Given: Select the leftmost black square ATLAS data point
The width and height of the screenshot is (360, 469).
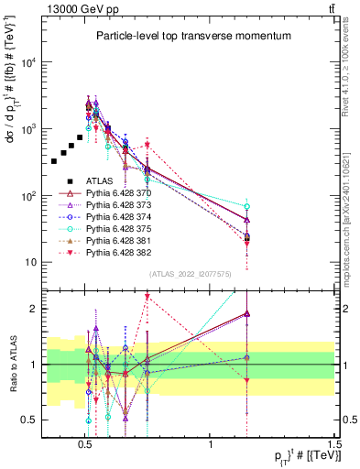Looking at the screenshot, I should (54, 161).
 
